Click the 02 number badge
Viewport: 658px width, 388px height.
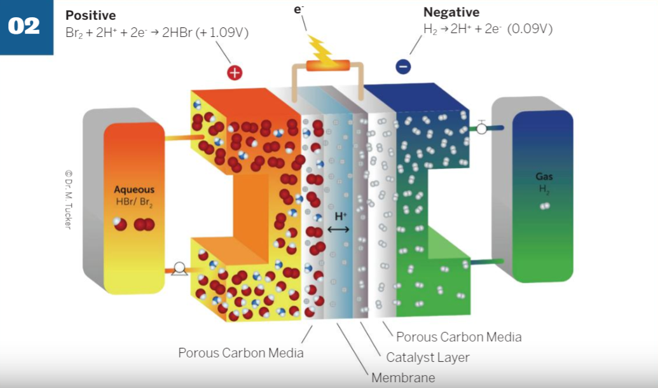point(25,26)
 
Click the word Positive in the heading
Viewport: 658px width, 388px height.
point(91,15)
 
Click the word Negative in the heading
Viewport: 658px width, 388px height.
point(451,12)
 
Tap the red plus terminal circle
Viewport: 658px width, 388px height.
point(235,73)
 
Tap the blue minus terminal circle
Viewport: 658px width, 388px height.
point(403,66)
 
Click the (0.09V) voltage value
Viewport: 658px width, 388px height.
point(530,29)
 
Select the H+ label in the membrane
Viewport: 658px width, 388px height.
point(340,216)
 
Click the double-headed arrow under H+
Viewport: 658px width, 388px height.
point(339,229)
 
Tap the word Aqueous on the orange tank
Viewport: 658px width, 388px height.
point(134,190)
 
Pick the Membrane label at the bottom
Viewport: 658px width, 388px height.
point(403,377)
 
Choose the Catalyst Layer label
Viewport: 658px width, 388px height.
point(427,357)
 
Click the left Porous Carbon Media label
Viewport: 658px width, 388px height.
point(240,352)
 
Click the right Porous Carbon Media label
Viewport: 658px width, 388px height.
point(458,336)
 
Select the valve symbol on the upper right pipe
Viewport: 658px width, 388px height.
point(481,128)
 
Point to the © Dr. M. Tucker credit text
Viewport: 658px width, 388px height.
point(67,200)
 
